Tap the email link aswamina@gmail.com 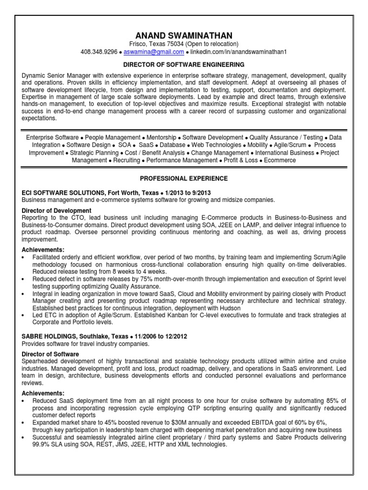pyautogui.click(x=154, y=52)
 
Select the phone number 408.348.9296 pyautogui.click(x=99, y=52)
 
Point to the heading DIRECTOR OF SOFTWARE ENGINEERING pyautogui.click(x=184, y=64)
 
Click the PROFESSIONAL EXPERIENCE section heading pyautogui.click(x=184, y=178)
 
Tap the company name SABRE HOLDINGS pyautogui.click(x=50, y=336)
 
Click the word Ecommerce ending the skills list pyautogui.click(x=280, y=160)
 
